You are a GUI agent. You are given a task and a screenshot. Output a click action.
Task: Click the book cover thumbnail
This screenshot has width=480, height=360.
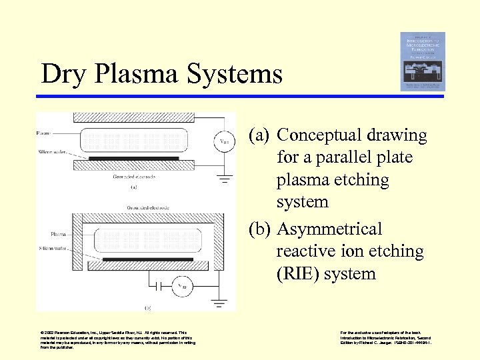(423, 61)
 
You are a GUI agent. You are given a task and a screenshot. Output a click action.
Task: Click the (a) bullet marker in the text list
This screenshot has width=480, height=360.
(259, 135)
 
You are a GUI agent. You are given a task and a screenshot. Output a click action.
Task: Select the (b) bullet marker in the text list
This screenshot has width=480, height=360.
(259, 229)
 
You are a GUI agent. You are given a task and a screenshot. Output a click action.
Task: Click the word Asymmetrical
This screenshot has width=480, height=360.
(329, 229)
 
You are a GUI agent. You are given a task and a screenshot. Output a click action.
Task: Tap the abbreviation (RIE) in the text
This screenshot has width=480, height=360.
(295, 274)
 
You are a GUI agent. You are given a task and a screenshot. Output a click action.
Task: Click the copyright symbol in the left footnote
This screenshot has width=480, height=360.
(42, 333)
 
